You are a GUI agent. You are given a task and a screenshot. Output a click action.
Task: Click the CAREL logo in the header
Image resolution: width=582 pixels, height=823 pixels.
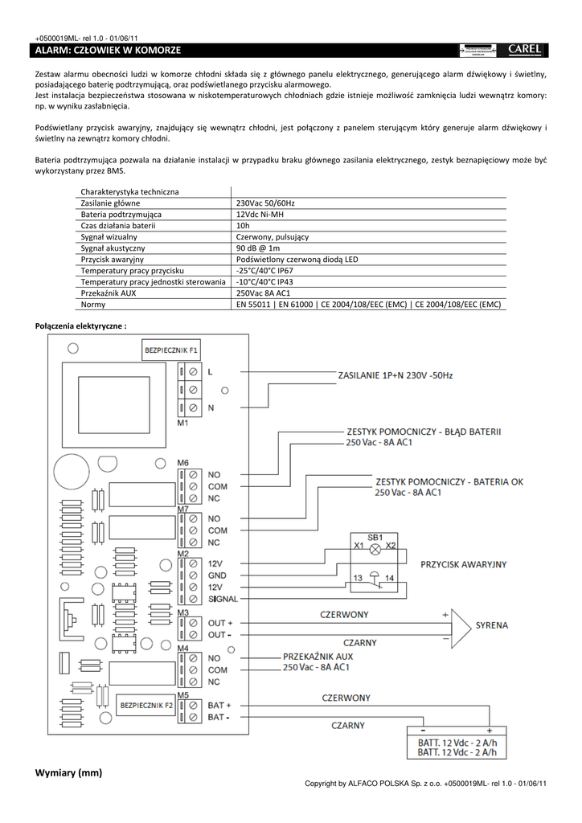tap(525, 50)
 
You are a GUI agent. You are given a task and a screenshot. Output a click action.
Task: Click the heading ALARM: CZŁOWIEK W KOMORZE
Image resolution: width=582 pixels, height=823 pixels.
tap(109, 51)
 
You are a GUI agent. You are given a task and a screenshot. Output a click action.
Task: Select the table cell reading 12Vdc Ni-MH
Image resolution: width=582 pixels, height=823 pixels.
tap(260, 215)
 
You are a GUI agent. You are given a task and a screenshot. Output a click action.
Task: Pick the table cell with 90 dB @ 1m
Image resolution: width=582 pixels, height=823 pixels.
tap(257, 248)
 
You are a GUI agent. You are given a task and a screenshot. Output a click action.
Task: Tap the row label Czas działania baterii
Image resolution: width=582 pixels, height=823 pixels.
tap(118, 226)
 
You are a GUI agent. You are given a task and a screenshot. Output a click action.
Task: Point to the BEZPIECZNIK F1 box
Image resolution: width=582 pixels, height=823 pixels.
tap(171, 350)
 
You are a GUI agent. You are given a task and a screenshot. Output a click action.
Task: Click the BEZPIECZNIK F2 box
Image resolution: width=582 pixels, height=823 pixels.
tap(146, 706)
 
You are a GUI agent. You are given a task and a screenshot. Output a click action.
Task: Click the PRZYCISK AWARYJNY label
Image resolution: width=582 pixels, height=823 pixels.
tap(464, 565)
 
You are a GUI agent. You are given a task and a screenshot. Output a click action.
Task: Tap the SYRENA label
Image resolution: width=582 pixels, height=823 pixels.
tap(490, 624)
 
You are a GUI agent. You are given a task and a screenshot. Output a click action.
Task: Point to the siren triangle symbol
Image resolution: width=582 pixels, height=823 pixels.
tap(461, 624)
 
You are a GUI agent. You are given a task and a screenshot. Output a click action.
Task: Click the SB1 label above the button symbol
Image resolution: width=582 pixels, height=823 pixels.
tap(375, 536)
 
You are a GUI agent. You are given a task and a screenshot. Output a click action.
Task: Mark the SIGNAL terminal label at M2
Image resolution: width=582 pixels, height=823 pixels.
tap(223, 600)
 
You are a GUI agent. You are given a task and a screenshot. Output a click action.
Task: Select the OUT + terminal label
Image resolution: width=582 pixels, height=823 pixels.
tap(219, 623)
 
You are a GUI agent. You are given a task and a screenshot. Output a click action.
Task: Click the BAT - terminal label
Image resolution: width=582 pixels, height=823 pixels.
tap(218, 716)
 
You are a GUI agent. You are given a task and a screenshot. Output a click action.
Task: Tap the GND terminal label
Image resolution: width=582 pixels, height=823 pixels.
tap(217, 576)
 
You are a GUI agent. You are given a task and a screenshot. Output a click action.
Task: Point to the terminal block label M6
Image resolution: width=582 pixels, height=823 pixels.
tap(183, 463)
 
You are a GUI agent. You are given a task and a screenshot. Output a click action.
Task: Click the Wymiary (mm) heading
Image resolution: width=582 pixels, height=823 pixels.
tap(69, 773)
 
